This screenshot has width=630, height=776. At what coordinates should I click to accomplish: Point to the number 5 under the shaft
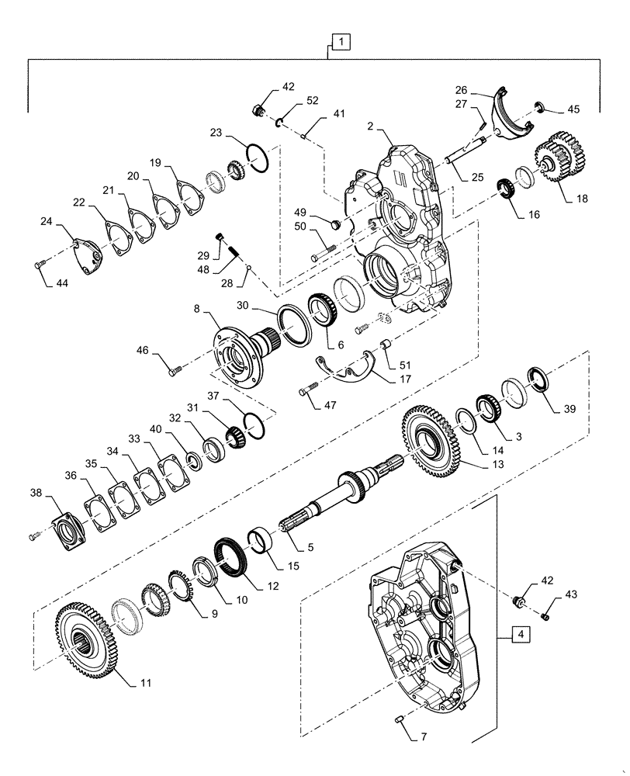click(310, 547)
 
